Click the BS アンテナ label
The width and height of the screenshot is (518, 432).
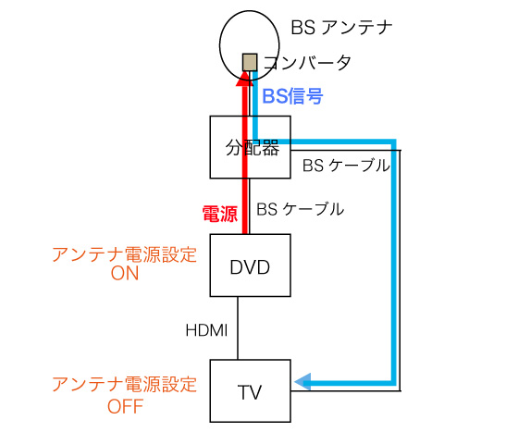pyautogui.click(x=341, y=28)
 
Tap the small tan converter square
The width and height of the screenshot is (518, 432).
pyautogui.click(x=250, y=62)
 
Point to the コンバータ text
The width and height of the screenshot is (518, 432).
pyautogui.click(x=307, y=63)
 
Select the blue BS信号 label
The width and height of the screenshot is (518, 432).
pyautogui.click(x=292, y=96)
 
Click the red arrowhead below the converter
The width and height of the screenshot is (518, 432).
pyautogui.click(x=245, y=79)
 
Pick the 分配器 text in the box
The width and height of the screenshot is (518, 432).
pyautogui.click(x=253, y=148)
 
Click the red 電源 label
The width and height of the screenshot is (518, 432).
pyautogui.click(x=220, y=214)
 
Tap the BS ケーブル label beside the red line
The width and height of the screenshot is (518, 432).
pyautogui.click(x=301, y=209)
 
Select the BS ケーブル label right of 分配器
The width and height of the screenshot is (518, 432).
pyautogui.click(x=346, y=166)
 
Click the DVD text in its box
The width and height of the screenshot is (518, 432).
pyautogui.click(x=250, y=267)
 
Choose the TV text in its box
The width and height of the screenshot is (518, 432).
pyautogui.click(x=250, y=392)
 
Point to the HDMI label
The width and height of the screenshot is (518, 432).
pyautogui.click(x=207, y=330)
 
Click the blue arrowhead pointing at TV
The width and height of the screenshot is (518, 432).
pyautogui.click(x=302, y=382)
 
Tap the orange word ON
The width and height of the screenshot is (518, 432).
pyautogui.click(x=125, y=274)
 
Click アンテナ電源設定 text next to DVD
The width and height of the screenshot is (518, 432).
pyautogui.click(x=125, y=255)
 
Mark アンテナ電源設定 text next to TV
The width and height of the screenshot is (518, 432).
pyautogui.click(x=125, y=385)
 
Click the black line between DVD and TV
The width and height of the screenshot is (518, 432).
pyautogui.click(x=238, y=328)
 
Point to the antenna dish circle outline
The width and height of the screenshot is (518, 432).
pyautogui.click(x=220, y=45)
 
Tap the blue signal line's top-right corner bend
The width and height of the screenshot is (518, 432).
pyautogui.click(x=393, y=142)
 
